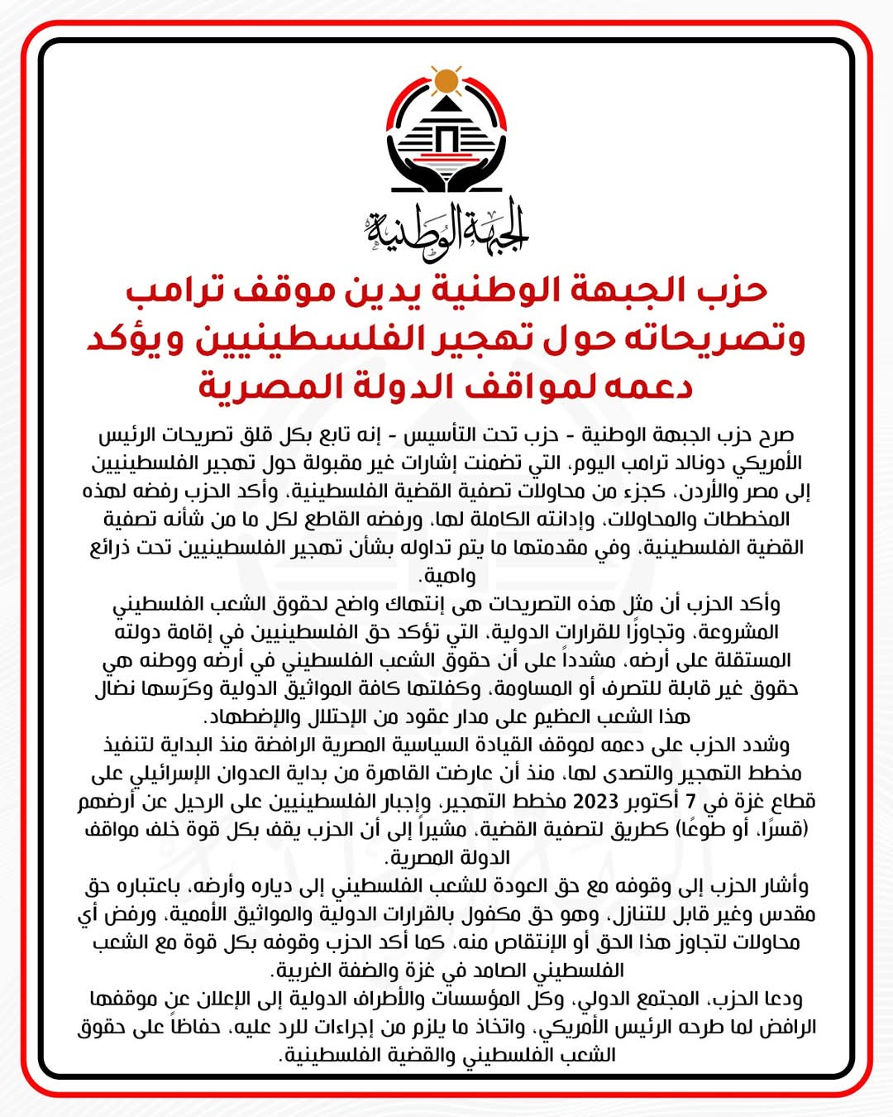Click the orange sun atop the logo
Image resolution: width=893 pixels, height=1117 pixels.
coord(446,80)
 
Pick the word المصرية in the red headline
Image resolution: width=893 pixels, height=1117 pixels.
coord(265,386)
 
